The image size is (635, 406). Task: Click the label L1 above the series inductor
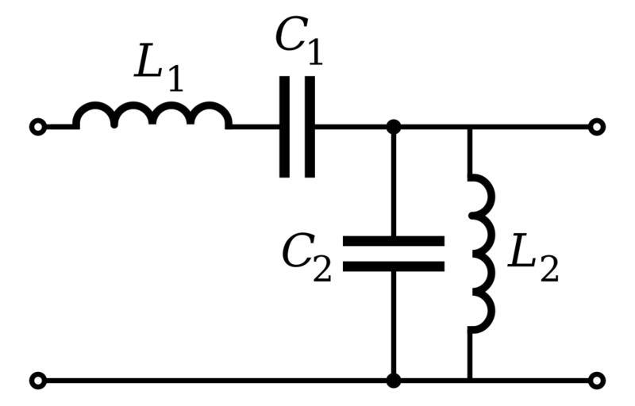click(x=159, y=67)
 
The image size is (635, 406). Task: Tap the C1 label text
click(x=299, y=41)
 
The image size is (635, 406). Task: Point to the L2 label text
click(x=532, y=258)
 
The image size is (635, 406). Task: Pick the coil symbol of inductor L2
click(x=482, y=251)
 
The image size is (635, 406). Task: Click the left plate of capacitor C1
click(x=285, y=127)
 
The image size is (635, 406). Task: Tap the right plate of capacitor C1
click(x=310, y=127)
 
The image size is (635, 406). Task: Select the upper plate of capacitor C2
click(x=393, y=240)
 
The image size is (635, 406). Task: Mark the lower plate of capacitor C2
click(x=393, y=266)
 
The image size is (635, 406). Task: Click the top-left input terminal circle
click(x=37, y=127)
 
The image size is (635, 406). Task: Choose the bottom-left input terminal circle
click(x=37, y=381)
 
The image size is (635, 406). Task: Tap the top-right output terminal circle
click(x=597, y=127)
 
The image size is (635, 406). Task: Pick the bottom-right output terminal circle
click(x=597, y=381)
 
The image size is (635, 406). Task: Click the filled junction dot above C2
click(x=393, y=127)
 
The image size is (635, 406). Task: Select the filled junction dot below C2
click(x=393, y=381)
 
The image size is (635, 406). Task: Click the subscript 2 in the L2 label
click(x=548, y=270)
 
